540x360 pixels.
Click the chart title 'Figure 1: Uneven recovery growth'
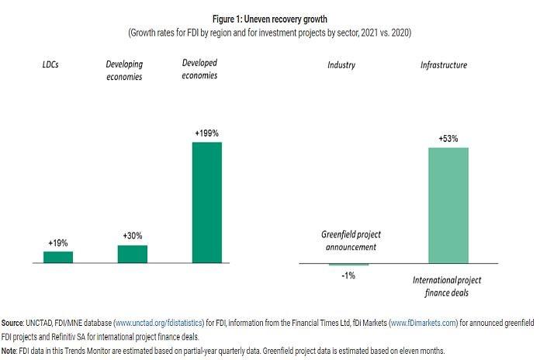pos(270,18)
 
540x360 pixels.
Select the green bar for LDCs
pos(58,258)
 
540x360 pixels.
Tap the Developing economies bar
pos(133,254)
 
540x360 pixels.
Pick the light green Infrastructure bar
pos(448,206)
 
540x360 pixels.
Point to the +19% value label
pos(58,242)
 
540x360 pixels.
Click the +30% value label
pos(133,235)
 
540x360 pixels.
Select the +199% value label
pos(206,133)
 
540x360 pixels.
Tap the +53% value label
pos(448,139)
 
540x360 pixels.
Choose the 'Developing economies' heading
pos(125,71)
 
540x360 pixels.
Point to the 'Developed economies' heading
pos(199,68)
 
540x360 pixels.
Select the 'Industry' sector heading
pos(341,65)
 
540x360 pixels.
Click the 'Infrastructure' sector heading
pos(445,65)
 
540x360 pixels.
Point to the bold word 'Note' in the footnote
pos(10,351)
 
